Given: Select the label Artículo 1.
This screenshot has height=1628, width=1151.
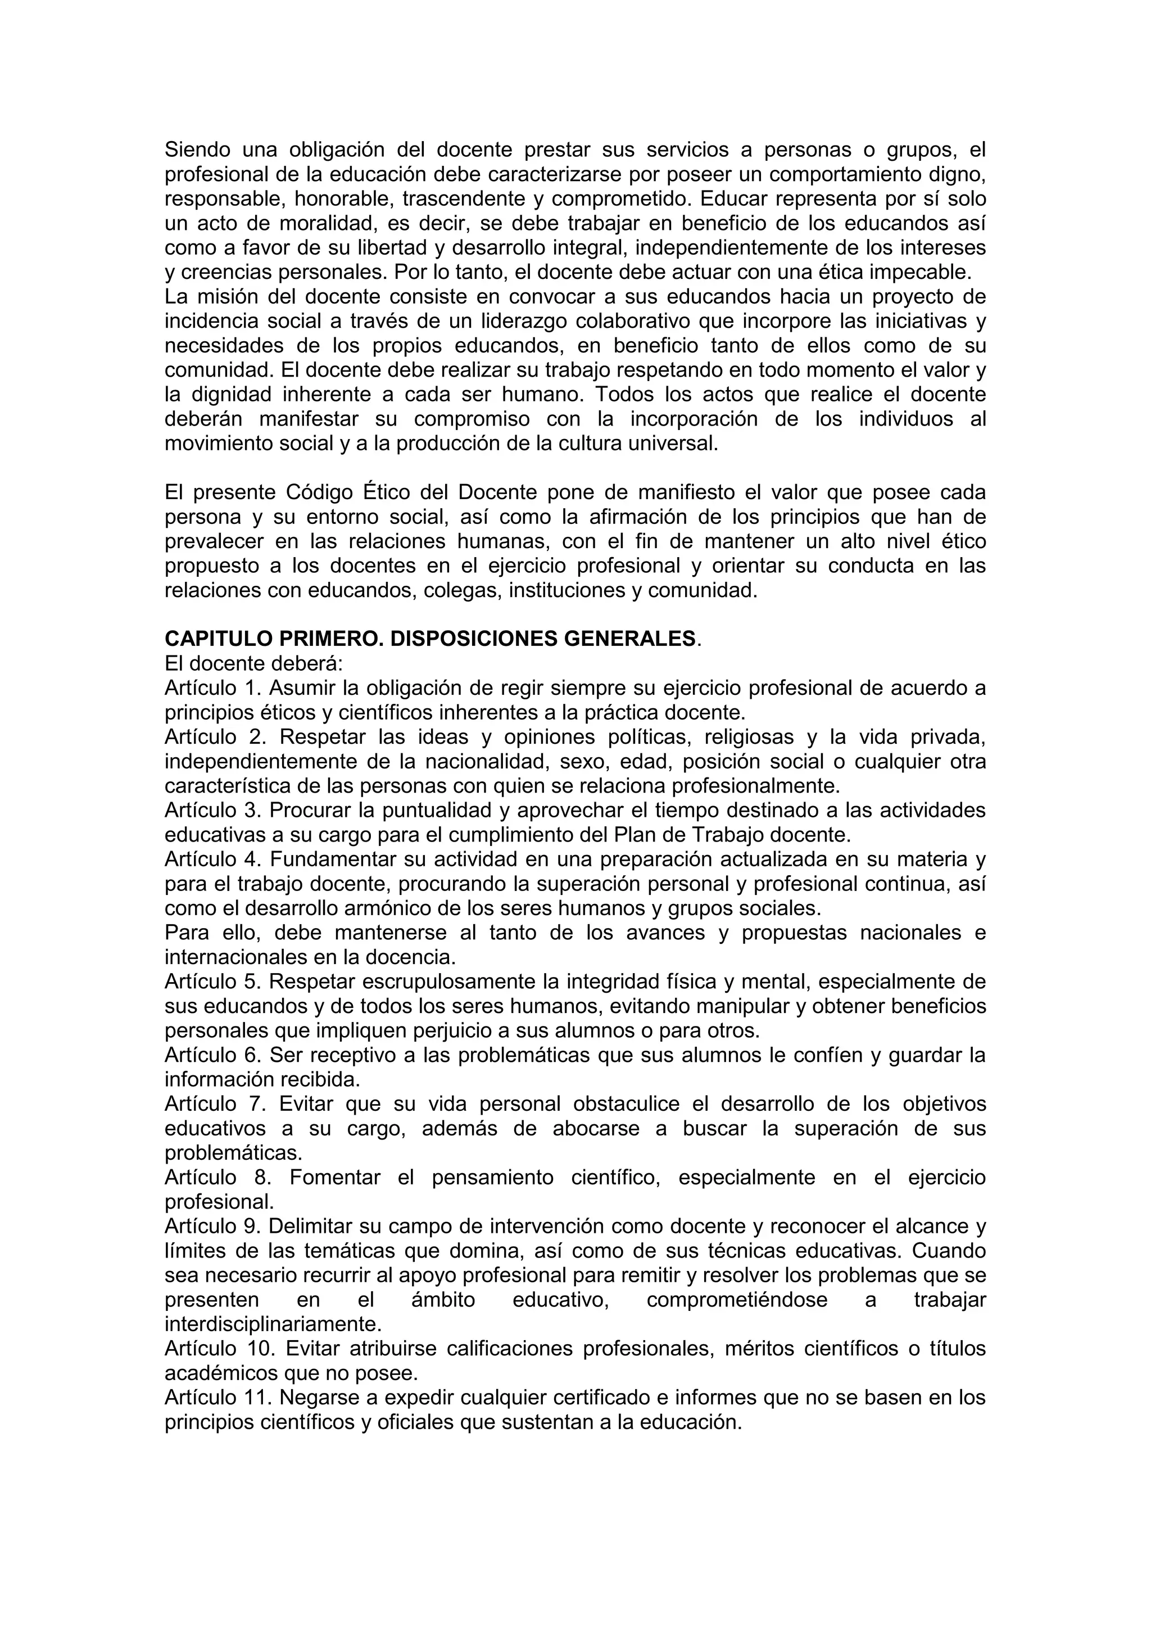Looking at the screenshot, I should pyautogui.click(x=211, y=688).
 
